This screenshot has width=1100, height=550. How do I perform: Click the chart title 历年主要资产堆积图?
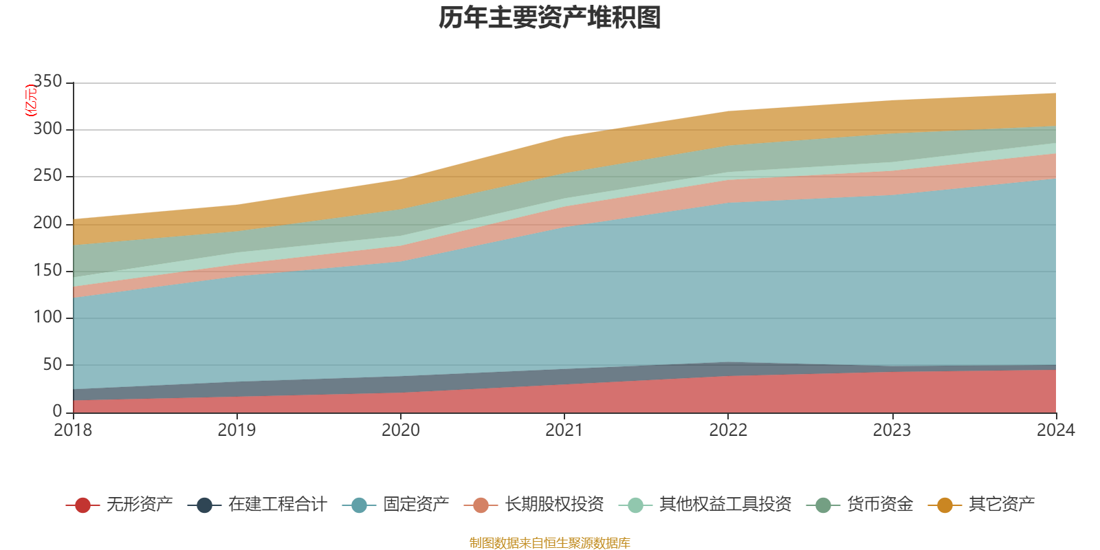point(550,18)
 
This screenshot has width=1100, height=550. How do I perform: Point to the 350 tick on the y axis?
point(47,82)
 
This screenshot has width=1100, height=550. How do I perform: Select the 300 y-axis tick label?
point(47,129)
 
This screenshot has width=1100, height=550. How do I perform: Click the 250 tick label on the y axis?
point(47,176)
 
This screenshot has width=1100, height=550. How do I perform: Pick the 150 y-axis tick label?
point(47,270)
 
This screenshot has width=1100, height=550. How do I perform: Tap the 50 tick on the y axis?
point(52,364)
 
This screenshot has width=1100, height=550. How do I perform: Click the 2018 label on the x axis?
point(73,430)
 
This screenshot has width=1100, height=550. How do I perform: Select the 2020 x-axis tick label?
point(400,430)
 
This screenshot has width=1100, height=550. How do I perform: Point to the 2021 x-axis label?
point(564,430)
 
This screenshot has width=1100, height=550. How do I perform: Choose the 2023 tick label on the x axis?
point(892,430)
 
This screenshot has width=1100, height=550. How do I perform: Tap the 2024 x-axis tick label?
point(1055,430)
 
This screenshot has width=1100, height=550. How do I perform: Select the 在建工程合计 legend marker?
point(204,505)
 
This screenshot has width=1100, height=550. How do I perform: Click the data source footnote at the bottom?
point(550,543)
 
